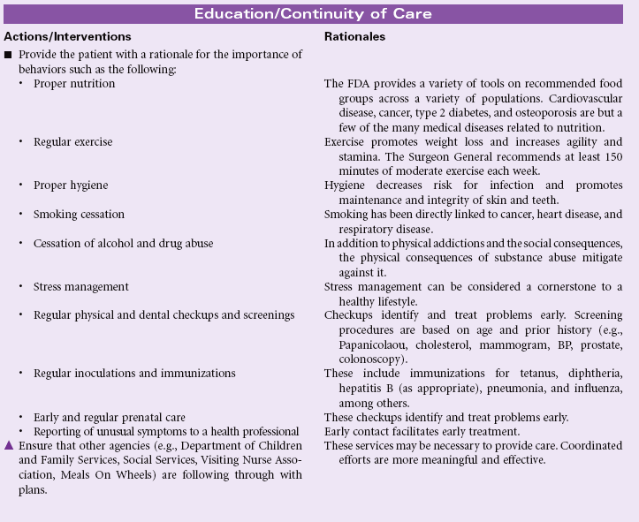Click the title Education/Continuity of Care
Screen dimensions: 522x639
tap(319, 14)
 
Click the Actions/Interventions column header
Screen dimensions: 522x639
tap(67, 37)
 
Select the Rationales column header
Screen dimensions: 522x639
tap(354, 37)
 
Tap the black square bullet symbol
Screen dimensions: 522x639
tap(8, 55)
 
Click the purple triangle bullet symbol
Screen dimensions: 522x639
tap(8, 445)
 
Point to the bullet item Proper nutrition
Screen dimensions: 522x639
tap(74, 83)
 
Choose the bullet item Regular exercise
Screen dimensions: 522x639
tap(72, 141)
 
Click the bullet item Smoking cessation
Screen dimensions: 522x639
tap(79, 214)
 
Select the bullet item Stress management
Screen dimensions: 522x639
tap(81, 286)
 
